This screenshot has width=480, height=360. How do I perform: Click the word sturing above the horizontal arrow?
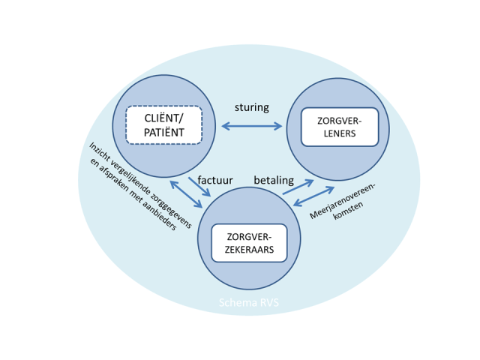[x=251, y=107]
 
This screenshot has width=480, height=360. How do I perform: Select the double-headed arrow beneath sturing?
[x=251, y=126]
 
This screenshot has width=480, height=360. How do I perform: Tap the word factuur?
[x=215, y=181]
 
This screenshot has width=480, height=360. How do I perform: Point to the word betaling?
[x=274, y=181]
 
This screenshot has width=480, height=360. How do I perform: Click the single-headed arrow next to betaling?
[x=298, y=187]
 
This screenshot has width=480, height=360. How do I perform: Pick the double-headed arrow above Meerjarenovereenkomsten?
[x=313, y=196]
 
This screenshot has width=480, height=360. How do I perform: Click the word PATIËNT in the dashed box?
[x=163, y=133]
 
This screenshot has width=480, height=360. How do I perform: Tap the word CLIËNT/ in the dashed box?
[x=163, y=118]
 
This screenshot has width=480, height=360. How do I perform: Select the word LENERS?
[x=340, y=135]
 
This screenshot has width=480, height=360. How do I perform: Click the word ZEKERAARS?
[x=249, y=250]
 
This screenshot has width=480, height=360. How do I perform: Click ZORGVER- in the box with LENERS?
[x=340, y=121]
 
